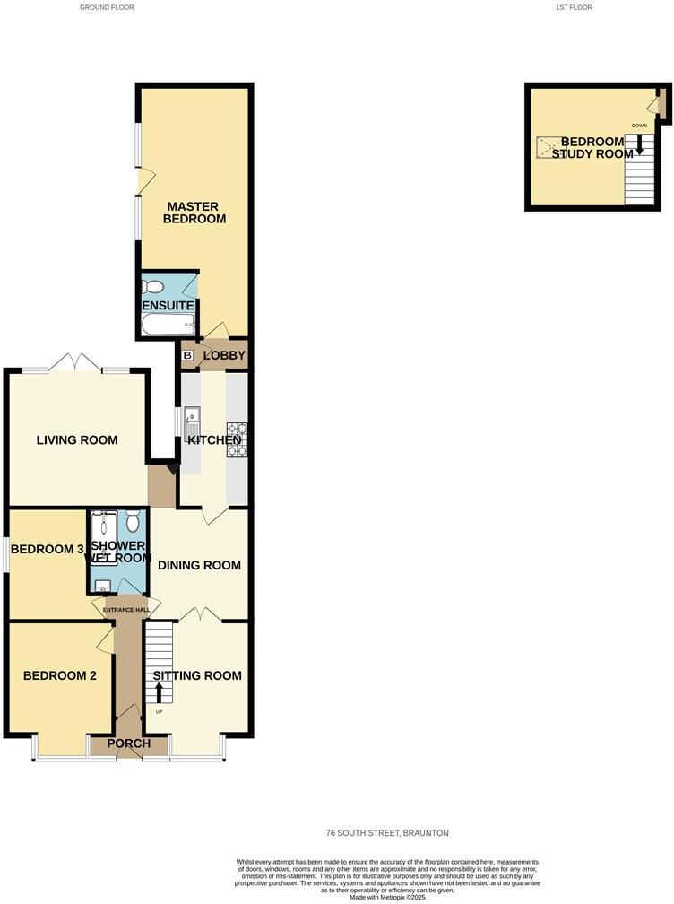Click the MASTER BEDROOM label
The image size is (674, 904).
click(x=194, y=213)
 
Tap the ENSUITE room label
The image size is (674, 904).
click(x=168, y=306)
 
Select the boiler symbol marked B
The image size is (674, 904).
click(x=187, y=356)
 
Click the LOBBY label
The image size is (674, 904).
click(x=224, y=356)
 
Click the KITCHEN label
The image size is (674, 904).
click(x=213, y=440)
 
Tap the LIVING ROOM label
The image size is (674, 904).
click(x=77, y=440)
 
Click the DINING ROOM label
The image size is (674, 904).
click(x=199, y=565)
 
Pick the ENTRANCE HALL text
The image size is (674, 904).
click(x=125, y=611)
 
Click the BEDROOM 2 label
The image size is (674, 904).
click(x=59, y=675)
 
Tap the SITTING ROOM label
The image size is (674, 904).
click(x=197, y=675)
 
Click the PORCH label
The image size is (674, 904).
click(x=128, y=743)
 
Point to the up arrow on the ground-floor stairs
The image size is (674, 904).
click(x=160, y=691)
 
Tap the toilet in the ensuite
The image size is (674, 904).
click(x=153, y=287)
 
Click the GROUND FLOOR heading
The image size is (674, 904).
click(x=106, y=7)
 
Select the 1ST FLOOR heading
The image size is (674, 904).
click(x=574, y=7)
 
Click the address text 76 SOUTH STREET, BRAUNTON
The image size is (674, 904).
click(x=387, y=833)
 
